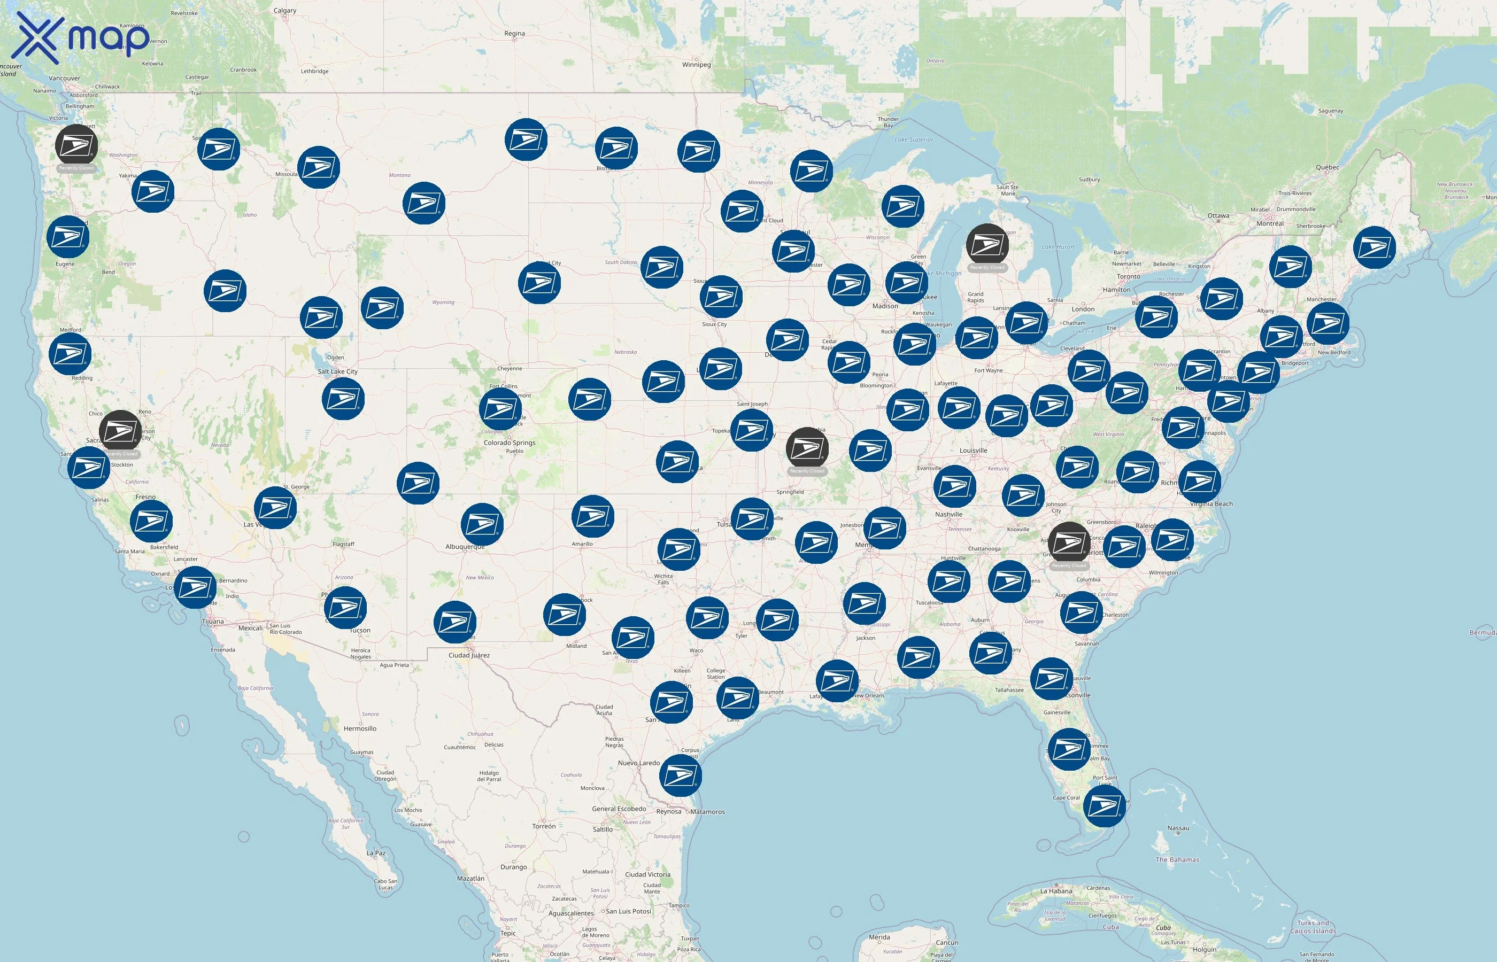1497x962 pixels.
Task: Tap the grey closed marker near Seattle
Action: tap(76, 145)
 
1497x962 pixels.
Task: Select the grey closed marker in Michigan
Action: tap(987, 245)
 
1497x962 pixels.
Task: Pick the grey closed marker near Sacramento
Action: tap(120, 431)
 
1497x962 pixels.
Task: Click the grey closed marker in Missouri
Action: tap(807, 448)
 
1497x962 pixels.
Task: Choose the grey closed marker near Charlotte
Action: tap(1069, 543)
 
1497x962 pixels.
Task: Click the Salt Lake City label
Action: tap(337, 371)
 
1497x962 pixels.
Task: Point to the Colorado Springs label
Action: tap(509, 443)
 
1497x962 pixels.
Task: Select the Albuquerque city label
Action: tap(465, 547)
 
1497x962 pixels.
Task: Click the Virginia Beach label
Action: tap(1211, 504)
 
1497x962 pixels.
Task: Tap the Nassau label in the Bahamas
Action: tap(1178, 828)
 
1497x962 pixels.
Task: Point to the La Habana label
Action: tap(1056, 891)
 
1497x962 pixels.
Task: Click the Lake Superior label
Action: tap(914, 140)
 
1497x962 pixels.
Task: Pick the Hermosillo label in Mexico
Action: tap(360, 728)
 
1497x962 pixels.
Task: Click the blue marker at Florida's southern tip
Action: tap(1104, 806)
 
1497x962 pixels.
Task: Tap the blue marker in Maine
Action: tap(1374, 247)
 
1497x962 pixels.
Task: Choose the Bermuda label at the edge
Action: tap(1483, 633)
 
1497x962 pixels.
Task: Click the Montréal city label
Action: tap(1270, 223)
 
